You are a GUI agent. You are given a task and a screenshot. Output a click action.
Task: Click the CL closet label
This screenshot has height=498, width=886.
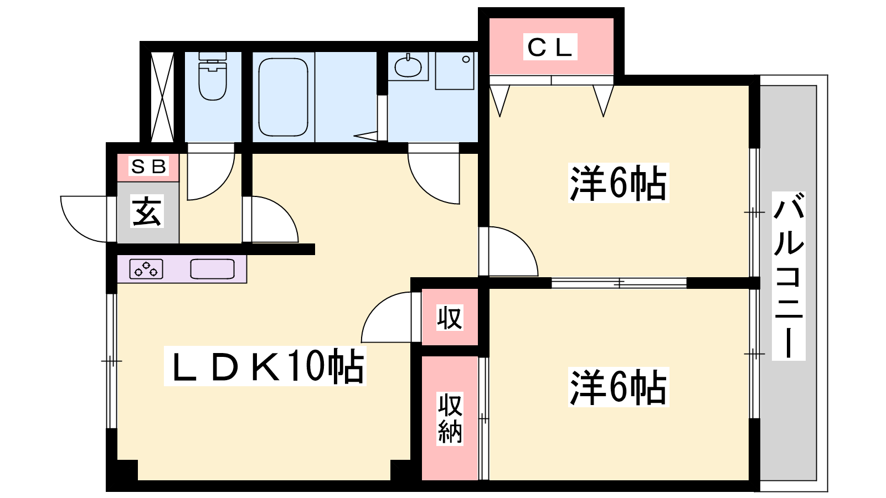[550, 47]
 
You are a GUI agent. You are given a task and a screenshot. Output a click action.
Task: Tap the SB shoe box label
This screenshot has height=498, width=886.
[148, 167]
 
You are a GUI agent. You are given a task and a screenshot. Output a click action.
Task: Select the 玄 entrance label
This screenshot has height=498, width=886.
[147, 211]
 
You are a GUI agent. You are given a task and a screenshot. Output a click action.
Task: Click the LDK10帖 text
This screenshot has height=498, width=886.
[265, 366]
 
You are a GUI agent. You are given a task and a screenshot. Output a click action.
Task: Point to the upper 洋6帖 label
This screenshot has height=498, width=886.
[618, 183]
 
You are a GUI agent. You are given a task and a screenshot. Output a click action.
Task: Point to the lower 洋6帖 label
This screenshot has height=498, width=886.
[618, 387]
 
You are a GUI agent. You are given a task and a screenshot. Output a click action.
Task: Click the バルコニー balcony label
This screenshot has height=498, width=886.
[789, 276]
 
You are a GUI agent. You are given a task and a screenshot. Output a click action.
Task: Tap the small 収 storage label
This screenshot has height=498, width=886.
[450, 318]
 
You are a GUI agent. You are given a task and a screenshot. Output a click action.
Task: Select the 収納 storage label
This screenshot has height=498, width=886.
[450, 418]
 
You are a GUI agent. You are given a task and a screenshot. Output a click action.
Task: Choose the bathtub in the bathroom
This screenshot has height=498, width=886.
[283, 97]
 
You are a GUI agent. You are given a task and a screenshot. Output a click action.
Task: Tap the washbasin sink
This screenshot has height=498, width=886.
[408, 66]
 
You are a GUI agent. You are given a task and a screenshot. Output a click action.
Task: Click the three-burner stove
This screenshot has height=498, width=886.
[146, 269]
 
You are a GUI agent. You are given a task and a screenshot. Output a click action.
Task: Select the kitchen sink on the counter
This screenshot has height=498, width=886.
[213, 269]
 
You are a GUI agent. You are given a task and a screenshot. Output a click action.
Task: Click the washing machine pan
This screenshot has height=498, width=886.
[455, 70]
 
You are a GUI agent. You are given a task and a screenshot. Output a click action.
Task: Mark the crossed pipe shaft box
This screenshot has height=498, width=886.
[162, 97]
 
